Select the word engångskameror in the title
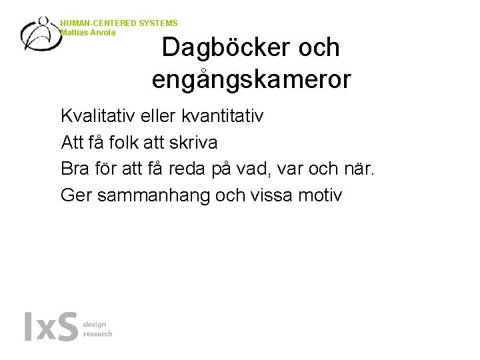pos(251,79)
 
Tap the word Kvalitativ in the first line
pos(95,116)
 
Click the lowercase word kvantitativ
pos(218,116)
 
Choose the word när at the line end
pos(361,169)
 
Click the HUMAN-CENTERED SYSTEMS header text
pos(119,23)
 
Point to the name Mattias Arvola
pos(87,32)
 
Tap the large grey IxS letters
pos(51,327)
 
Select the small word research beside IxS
pos(98,334)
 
